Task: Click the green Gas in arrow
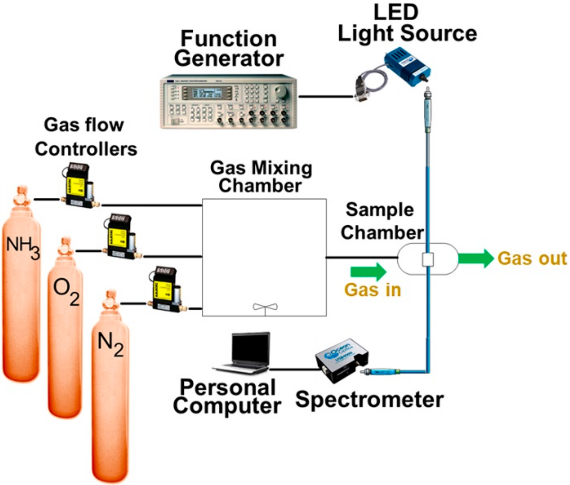(x=368, y=272)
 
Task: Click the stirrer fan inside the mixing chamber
(x=265, y=307)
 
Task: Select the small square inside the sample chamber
(x=428, y=259)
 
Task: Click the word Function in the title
(x=229, y=39)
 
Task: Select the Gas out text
(x=532, y=258)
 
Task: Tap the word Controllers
(x=86, y=149)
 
